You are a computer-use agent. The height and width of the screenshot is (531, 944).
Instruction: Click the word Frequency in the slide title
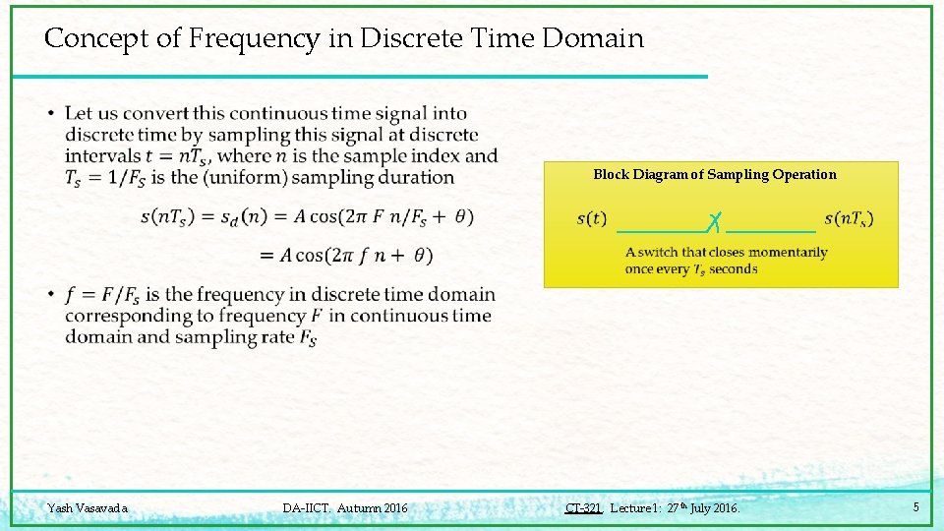click(x=253, y=38)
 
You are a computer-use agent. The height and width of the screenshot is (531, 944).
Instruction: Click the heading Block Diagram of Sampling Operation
click(x=715, y=175)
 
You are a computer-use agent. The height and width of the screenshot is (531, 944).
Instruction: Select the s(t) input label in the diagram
click(x=591, y=218)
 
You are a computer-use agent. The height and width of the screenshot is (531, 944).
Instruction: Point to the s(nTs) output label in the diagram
click(x=849, y=218)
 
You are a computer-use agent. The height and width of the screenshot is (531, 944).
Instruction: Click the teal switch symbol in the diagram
click(x=716, y=221)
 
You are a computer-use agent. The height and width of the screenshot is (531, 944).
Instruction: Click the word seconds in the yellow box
click(x=733, y=269)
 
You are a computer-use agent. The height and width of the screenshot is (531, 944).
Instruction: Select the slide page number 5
click(x=915, y=507)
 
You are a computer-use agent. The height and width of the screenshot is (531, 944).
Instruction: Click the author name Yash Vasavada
click(x=88, y=508)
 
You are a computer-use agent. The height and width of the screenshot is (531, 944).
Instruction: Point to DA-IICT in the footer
click(x=307, y=508)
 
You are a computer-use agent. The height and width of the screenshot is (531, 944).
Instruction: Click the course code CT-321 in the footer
click(x=583, y=508)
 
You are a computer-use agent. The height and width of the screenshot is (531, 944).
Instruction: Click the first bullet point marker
click(x=50, y=114)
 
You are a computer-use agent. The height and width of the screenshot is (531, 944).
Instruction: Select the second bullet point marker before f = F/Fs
click(x=50, y=295)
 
